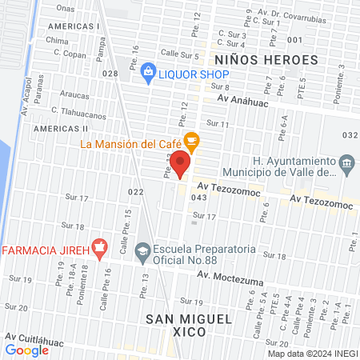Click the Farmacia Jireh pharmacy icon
[x=99, y=249]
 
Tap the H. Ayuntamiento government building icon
[x=346, y=165]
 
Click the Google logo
[x=27, y=350]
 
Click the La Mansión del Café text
[x=132, y=144]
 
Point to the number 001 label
[x=294, y=39]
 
